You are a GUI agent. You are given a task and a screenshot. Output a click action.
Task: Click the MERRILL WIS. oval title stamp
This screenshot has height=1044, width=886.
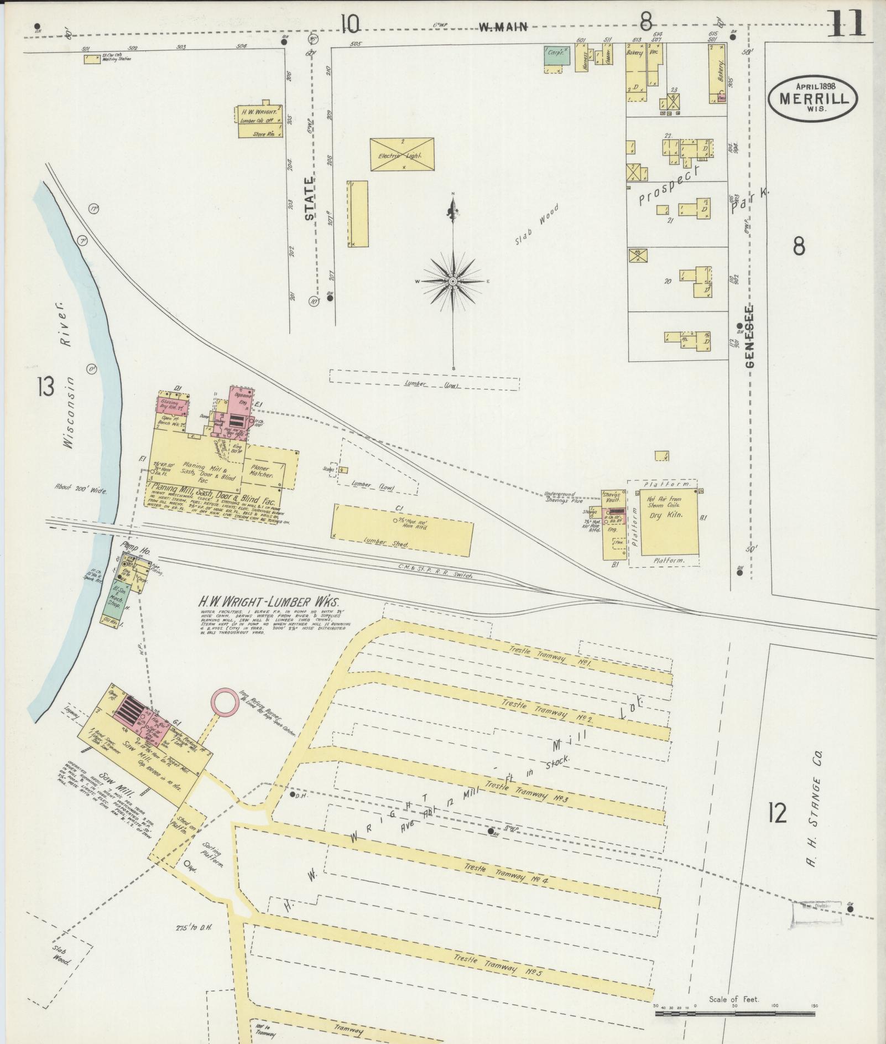point(812,97)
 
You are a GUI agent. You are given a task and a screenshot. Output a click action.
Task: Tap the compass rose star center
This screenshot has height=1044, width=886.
point(453,282)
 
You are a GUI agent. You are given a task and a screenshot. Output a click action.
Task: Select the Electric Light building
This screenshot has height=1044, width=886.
point(402,154)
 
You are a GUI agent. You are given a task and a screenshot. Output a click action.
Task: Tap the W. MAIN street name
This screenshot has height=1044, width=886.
point(503,26)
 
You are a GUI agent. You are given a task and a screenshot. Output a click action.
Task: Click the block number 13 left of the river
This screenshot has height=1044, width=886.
point(46,387)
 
